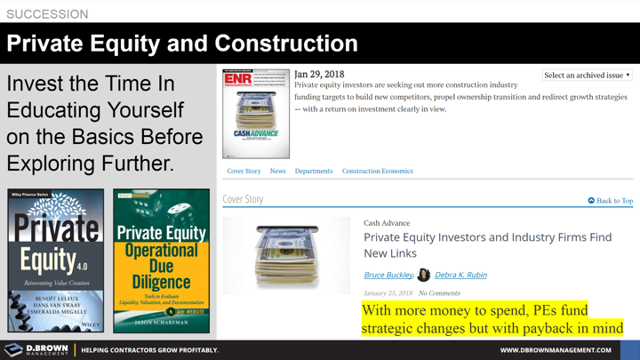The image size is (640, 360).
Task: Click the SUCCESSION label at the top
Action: click(47, 14)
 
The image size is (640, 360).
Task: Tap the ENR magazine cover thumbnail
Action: click(256, 114)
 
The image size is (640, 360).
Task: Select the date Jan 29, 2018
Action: click(319, 75)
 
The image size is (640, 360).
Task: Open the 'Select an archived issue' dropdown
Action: click(587, 76)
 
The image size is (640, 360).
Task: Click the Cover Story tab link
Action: click(244, 171)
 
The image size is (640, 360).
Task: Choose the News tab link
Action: click(277, 171)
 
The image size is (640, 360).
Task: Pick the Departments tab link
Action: click(314, 171)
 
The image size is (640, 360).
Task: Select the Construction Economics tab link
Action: click(377, 171)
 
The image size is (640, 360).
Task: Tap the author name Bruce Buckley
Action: click(388, 275)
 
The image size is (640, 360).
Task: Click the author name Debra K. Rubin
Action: click(460, 275)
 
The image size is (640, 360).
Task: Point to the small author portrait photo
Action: click(424, 275)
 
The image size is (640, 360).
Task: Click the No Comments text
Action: click(439, 292)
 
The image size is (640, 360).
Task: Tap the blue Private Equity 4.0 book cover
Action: click(55, 260)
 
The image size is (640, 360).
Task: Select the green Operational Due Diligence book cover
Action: click(161, 260)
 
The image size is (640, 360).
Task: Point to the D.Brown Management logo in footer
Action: click(36, 350)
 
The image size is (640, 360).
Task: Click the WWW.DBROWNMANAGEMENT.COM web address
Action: click(555, 350)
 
